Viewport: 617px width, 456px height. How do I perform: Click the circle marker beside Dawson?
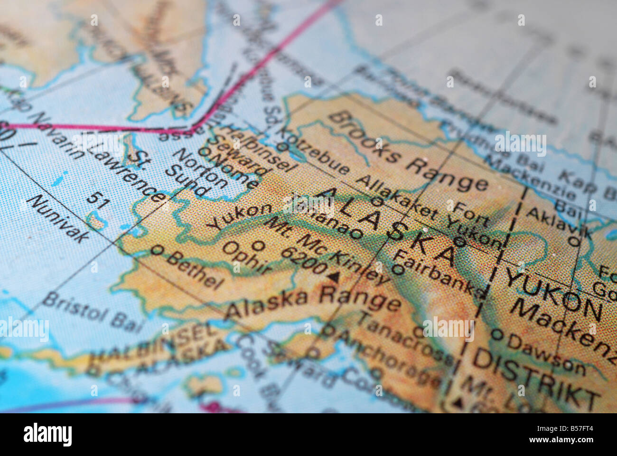tap(496, 334)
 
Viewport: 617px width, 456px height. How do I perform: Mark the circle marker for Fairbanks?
tap(398, 270)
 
